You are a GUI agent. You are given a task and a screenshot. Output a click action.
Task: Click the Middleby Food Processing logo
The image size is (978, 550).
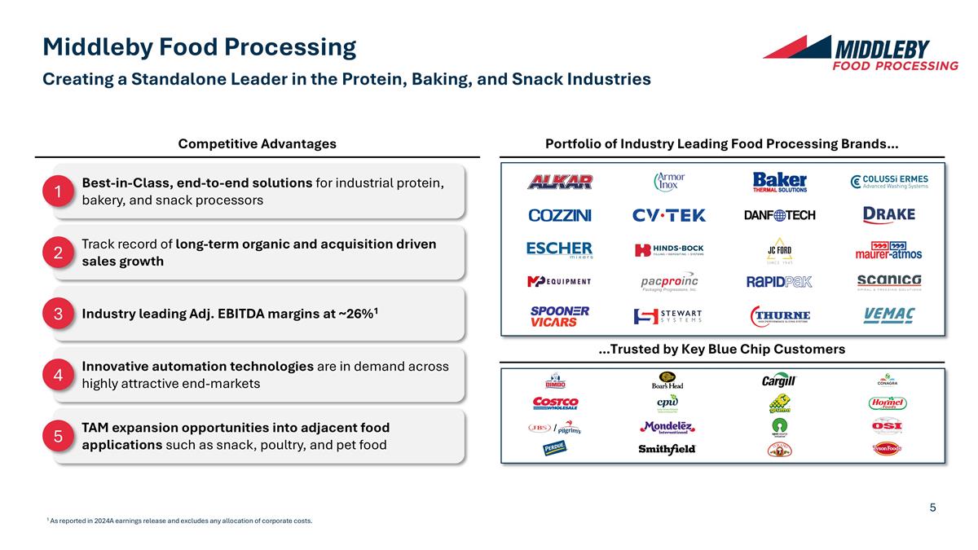coord(861,53)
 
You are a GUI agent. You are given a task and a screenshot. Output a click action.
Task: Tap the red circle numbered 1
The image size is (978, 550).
coord(59,191)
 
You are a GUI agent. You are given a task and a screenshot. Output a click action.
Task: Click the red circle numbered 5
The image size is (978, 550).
coord(59,437)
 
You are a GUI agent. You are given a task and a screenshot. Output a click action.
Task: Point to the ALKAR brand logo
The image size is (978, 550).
coord(560,182)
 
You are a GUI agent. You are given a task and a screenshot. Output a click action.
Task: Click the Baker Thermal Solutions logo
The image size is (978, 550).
coord(779,182)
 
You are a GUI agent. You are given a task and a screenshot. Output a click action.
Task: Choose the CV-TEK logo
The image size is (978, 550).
coord(669,215)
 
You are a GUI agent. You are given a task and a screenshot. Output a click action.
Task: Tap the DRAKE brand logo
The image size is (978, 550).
coord(888,214)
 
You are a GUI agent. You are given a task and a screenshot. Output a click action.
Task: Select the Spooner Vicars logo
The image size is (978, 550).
coord(560,316)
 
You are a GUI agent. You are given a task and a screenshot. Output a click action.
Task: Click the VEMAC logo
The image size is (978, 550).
coord(888,315)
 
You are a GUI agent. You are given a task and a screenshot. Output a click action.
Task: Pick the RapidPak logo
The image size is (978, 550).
coord(779,282)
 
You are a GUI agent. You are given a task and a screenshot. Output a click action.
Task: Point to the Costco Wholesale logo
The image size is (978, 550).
coord(555,403)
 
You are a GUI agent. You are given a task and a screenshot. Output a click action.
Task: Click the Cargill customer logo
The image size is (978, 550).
coord(778,381)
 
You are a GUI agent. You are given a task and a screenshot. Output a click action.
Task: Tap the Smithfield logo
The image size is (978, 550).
coord(667,449)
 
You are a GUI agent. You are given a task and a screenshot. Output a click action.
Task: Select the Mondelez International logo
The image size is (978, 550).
coord(667,427)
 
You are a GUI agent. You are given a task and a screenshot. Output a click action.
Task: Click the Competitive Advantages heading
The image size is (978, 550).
coord(257,144)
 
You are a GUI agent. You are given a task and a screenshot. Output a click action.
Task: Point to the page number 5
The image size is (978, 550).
coord(932,508)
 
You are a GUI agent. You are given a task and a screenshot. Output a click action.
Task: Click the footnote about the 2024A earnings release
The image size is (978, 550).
coord(180,521)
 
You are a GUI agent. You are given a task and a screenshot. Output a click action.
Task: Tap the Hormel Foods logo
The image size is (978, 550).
coord(888,403)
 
